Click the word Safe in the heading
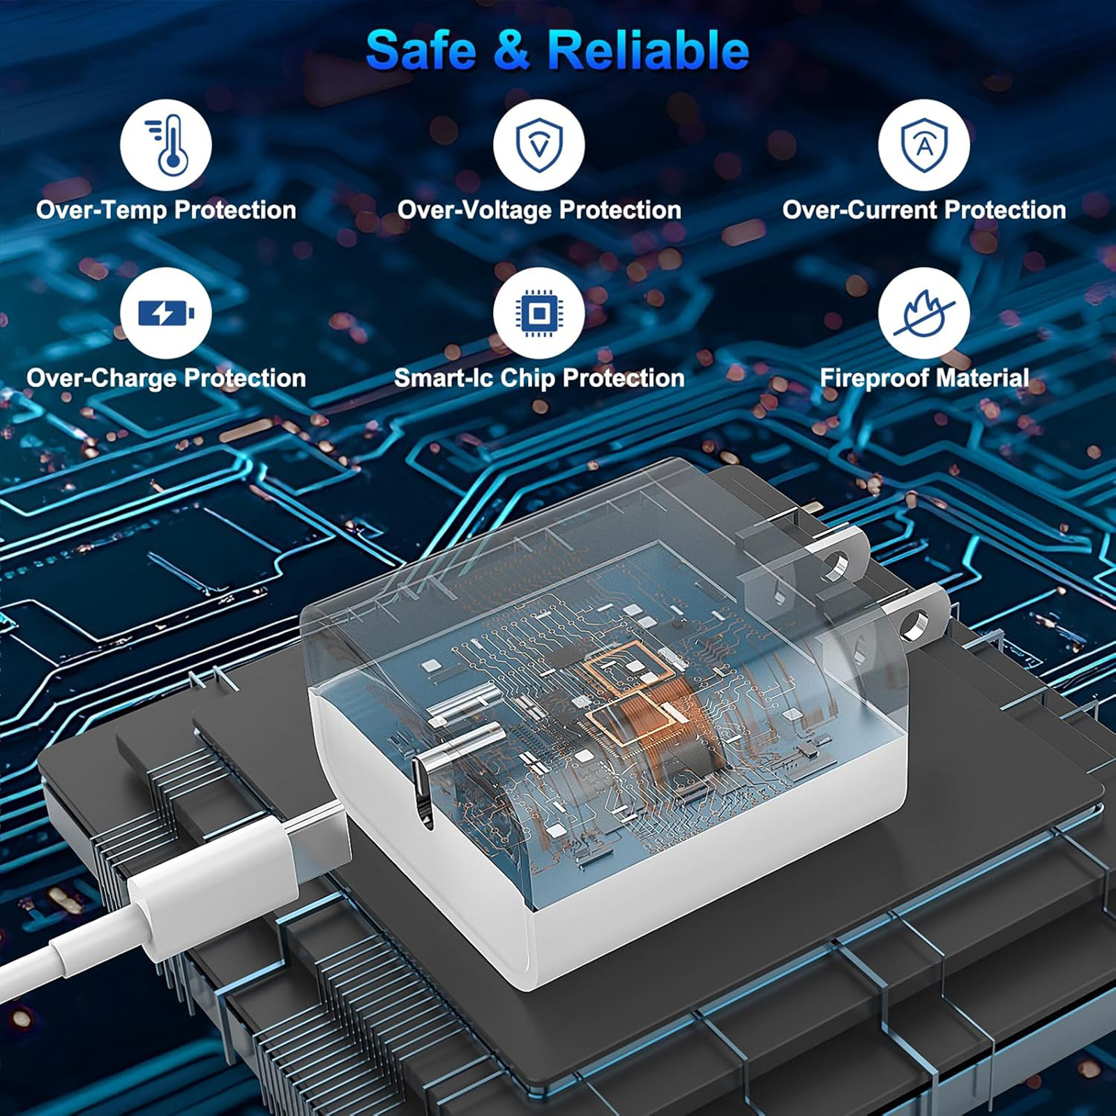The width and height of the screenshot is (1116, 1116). point(421,50)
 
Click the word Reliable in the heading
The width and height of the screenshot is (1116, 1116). point(648,50)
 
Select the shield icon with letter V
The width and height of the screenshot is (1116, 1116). point(538,145)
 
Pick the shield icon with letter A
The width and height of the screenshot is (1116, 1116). point(923,145)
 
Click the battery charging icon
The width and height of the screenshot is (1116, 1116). point(165,313)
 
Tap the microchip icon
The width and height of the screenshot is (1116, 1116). point(538,313)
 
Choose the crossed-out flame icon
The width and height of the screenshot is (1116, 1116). point(923,313)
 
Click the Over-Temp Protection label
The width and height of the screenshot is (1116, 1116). point(166,210)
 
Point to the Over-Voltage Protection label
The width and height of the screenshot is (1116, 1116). point(539,210)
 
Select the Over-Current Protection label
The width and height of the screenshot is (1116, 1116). point(924,210)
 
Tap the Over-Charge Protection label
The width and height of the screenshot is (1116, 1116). point(166,378)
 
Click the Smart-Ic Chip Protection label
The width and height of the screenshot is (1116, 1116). point(539,378)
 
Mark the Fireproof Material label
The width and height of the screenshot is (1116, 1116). point(924,378)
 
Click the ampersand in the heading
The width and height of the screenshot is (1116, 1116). point(511,50)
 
